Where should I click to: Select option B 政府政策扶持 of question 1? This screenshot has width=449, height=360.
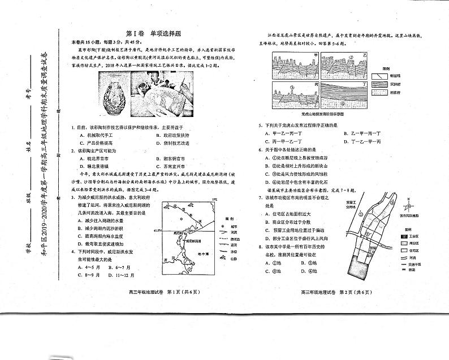[178, 136]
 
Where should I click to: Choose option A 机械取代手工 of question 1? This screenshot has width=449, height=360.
[96, 136]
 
